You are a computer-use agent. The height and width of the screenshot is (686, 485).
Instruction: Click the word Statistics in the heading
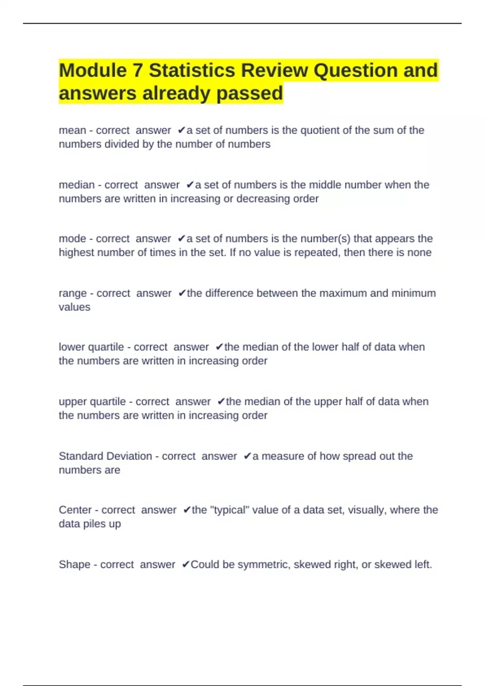pos(192,71)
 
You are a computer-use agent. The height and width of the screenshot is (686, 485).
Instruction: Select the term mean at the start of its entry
pos(72,130)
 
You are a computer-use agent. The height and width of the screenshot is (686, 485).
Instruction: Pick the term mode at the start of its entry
pos(72,238)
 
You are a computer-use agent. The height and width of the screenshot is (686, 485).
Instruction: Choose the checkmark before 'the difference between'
pos(182,293)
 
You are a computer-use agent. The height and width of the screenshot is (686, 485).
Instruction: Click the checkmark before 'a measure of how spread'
pos(247,456)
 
